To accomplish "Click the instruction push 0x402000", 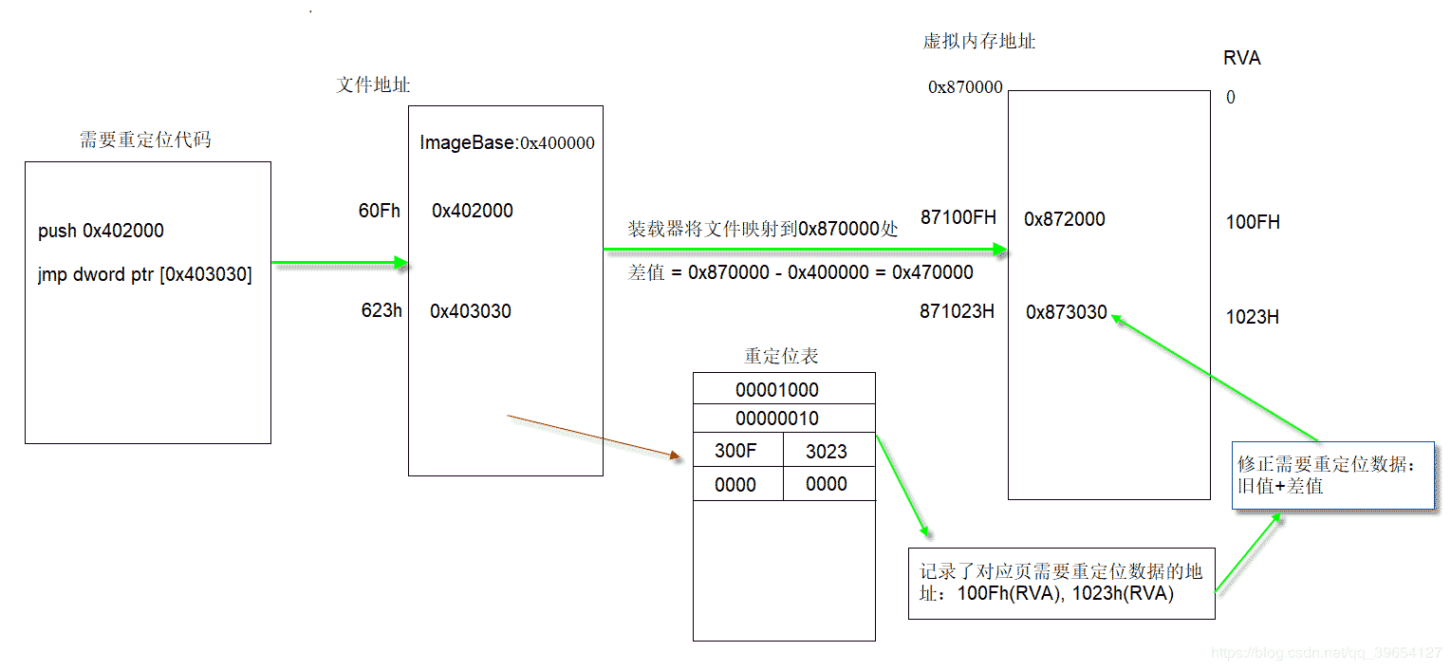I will click(x=101, y=231).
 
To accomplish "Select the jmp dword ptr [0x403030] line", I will click(x=145, y=275).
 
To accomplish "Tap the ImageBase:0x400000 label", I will click(x=507, y=143).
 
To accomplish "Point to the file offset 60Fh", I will click(x=380, y=211).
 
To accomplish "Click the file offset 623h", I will click(x=381, y=310).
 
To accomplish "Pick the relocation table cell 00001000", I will click(x=776, y=390).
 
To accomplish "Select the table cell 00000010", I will click(x=776, y=419).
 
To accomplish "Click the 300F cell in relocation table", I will click(x=735, y=452).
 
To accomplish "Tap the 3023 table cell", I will click(x=826, y=452).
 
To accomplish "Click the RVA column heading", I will click(x=1242, y=58).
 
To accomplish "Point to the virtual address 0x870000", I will click(x=965, y=87).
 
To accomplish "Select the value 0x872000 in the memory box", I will click(x=1065, y=219).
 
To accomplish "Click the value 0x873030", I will click(x=1067, y=312).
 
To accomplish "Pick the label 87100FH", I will click(x=958, y=217).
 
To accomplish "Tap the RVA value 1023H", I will click(x=1253, y=317).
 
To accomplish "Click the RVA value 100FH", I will click(x=1253, y=222).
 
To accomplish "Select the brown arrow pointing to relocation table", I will click(x=595, y=437).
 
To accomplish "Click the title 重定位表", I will click(x=781, y=356).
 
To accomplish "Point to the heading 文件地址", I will click(x=374, y=84).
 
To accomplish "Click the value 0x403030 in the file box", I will click(x=471, y=311).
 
